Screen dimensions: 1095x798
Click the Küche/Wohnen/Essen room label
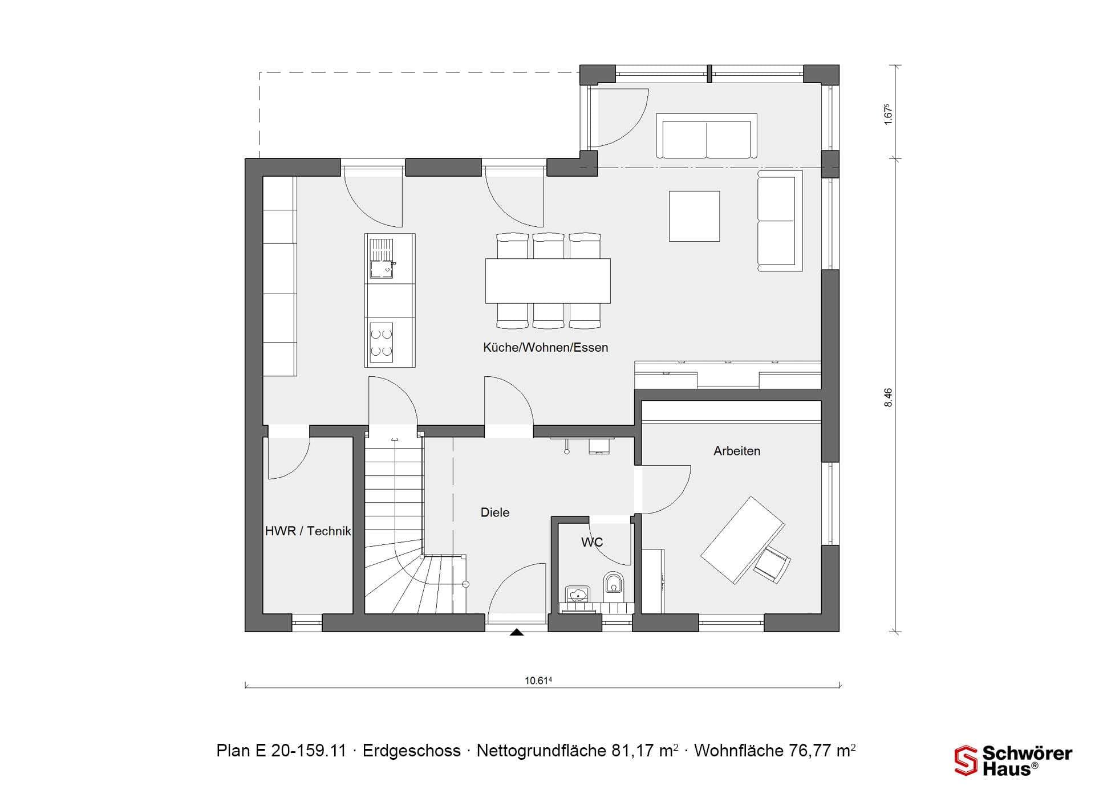point(545,347)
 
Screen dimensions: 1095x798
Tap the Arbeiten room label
point(737,451)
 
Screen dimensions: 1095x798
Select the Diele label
point(495,512)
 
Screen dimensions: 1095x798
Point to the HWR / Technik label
point(308,531)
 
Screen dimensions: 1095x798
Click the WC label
point(592,542)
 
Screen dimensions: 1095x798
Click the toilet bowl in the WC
point(614,583)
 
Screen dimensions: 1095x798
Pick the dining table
point(547,281)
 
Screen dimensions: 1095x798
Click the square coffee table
point(694,216)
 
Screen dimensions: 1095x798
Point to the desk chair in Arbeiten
point(773,564)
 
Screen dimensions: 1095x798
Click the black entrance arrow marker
point(517,632)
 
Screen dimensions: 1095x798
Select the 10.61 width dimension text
point(538,681)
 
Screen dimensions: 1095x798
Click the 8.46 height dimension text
point(887,397)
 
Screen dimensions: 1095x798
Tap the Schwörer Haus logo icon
point(966,760)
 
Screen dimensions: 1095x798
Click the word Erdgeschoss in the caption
point(411,751)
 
